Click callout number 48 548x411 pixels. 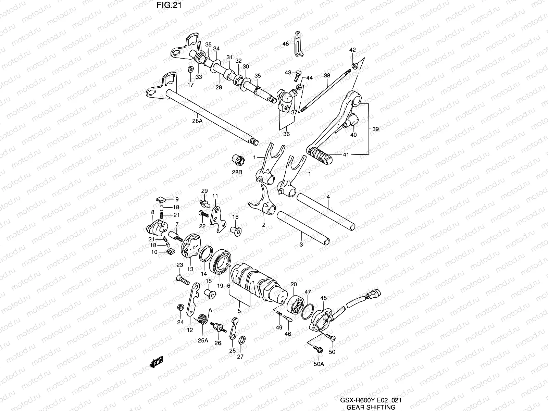(285, 43)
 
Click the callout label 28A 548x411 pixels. (198, 121)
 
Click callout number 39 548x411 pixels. (376, 129)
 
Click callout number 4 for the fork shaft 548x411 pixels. (328, 197)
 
